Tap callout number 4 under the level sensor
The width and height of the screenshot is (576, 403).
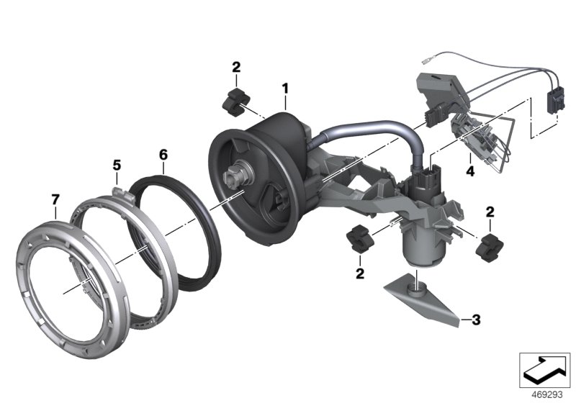point(469,172)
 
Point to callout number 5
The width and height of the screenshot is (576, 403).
point(115,165)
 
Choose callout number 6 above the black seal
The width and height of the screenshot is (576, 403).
point(163,154)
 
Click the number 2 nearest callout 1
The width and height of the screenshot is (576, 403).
point(236,67)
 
